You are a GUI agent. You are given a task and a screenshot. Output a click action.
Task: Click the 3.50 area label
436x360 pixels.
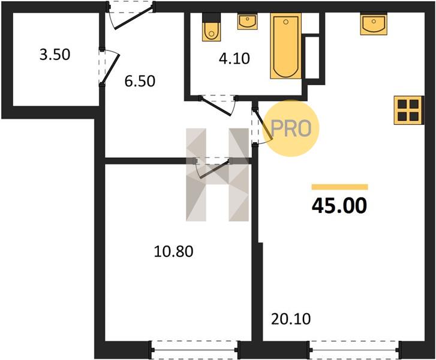55,55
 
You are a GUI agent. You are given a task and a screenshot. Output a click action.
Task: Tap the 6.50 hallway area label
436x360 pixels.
140,81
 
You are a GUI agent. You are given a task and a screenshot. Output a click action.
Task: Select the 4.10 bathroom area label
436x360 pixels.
234,59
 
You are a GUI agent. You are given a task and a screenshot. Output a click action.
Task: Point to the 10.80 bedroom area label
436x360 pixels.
173,251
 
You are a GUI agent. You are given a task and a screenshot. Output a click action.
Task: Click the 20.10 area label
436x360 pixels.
291,319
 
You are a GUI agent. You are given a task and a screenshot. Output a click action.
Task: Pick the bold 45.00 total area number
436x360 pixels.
339,206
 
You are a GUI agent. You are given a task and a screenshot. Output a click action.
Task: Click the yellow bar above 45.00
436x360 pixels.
339,187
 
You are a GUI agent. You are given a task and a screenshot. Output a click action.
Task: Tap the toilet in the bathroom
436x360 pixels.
211,27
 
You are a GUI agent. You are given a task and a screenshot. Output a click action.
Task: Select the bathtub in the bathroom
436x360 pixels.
286,46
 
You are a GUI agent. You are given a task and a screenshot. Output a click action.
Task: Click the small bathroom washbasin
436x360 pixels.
248,22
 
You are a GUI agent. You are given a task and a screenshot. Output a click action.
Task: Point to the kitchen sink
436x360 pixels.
374,24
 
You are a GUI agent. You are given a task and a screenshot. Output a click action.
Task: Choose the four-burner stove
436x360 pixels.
409,110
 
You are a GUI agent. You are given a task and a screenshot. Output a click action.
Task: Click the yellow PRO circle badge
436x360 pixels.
291,128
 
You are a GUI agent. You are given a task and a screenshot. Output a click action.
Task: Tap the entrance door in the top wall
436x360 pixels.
131,16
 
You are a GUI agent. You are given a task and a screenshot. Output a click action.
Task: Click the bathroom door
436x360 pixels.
218,105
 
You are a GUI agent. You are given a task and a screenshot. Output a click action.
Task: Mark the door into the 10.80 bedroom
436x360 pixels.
213,169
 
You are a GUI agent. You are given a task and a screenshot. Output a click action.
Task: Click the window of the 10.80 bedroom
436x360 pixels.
195,350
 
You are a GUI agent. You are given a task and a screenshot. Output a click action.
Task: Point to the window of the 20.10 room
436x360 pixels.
354,350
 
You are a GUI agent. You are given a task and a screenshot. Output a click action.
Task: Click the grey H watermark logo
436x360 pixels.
217,175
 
